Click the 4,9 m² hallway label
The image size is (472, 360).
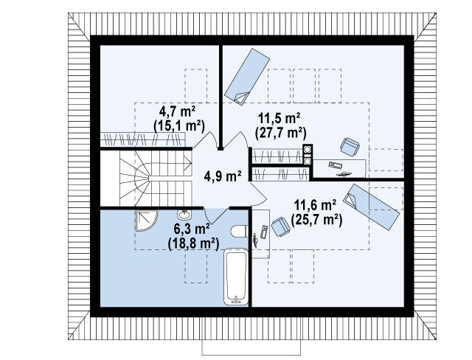click(223, 176)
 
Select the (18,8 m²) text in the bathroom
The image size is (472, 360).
click(193, 243)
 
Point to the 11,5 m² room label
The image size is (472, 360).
click(279, 119)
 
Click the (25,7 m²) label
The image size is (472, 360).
click(316, 220)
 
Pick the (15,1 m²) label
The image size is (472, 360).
click(179, 125)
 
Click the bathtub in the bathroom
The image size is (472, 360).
click(236, 277)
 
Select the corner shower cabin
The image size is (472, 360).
click(146, 221)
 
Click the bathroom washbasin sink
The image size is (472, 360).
click(184, 215)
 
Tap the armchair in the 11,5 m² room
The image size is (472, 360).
click(350, 147)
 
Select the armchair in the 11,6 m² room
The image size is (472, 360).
click(280, 226)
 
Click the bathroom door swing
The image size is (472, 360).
click(215, 215)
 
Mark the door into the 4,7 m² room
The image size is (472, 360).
click(206, 140)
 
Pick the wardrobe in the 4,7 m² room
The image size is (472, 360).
click(142, 139)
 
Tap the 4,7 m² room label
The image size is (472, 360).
click(177, 112)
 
